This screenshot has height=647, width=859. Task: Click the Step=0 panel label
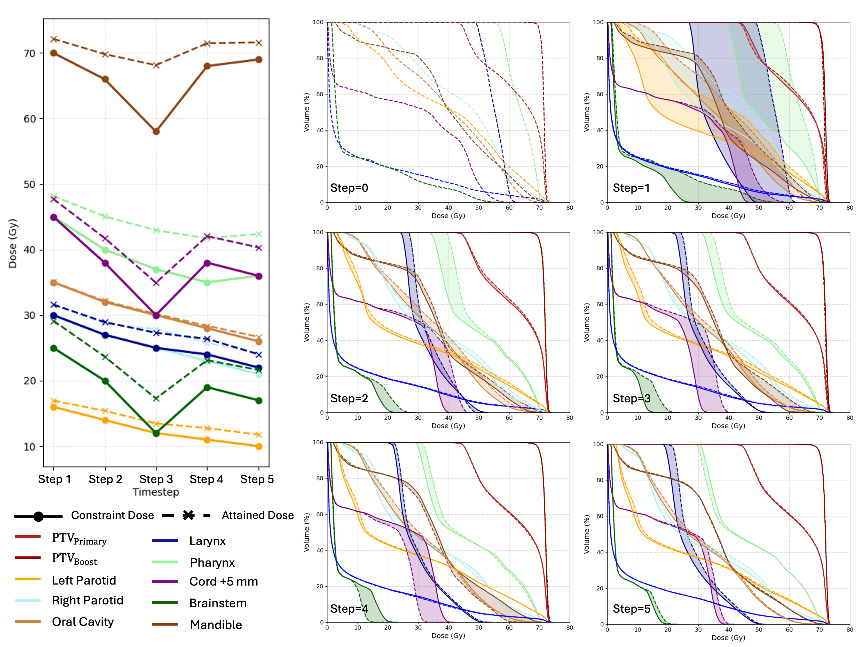click(349, 188)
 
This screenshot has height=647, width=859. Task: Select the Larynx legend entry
click(207, 541)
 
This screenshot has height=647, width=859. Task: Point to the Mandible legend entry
click(216, 625)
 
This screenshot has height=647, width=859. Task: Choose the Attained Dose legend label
click(257, 515)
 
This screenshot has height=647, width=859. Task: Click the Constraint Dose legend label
click(112, 515)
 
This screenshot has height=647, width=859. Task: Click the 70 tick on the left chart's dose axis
click(30, 54)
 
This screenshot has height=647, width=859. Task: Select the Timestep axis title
click(156, 492)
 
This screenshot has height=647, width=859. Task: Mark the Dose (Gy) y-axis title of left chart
click(13, 243)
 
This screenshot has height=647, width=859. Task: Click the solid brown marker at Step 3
click(156, 132)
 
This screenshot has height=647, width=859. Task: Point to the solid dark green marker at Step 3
click(156, 433)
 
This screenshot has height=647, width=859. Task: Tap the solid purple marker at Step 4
click(207, 263)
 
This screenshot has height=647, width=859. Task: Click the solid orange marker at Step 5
click(259, 446)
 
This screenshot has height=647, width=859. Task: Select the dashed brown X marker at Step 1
click(54, 39)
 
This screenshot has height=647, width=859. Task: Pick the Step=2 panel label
click(349, 398)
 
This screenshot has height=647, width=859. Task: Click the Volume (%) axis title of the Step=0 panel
click(306, 112)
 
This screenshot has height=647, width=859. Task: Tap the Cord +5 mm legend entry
click(223, 581)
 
